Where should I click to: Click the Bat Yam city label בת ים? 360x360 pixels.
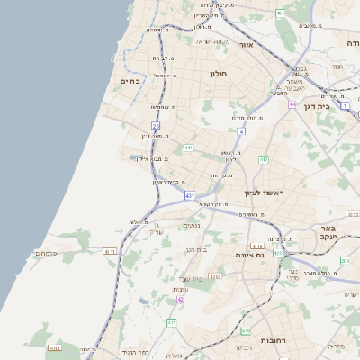click(x=131, y=81)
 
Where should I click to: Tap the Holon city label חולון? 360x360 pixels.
click(x=219, y=74)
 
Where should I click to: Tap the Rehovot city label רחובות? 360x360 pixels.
click(x=273, y=341)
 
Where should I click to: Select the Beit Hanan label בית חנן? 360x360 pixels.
click(x=195, y=249)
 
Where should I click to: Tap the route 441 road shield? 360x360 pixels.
click(x=188, y=147)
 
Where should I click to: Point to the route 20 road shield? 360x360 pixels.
click(x=156, y=126)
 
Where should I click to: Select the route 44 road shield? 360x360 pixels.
click(x=292, y=104)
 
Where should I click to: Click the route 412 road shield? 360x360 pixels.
click(x=264, y=160)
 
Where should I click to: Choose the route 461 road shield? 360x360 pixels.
click(x=281, y=13)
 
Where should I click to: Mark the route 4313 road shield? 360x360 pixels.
click(x=257, y=246)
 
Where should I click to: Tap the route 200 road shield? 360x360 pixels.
click(x=346, y=261)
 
